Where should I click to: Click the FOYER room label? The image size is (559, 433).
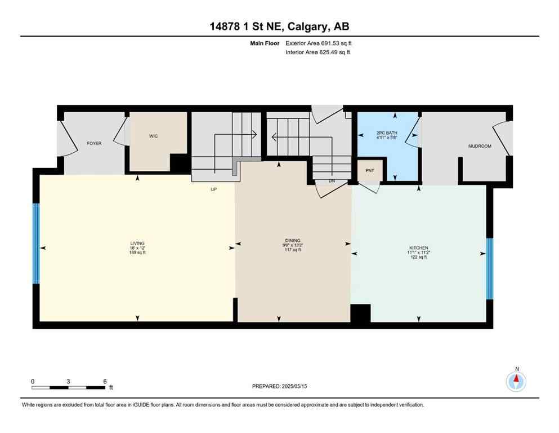[94, 144]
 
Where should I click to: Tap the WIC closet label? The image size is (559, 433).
[153, 136]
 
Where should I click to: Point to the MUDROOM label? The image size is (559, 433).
[480, 146]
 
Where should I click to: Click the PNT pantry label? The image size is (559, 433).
[369, 171]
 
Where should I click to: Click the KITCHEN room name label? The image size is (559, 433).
[418, 248]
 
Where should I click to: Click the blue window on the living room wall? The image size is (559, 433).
[36, 243]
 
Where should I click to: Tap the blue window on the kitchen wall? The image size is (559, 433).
[489, 268]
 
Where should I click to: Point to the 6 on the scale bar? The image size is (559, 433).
[105, 381]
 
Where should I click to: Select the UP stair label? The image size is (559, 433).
[213, 189]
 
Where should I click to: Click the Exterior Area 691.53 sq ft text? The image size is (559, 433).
[319, 43]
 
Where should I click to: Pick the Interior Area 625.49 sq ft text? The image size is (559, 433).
[318, 52]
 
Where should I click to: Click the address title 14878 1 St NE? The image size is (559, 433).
[279, 26]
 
